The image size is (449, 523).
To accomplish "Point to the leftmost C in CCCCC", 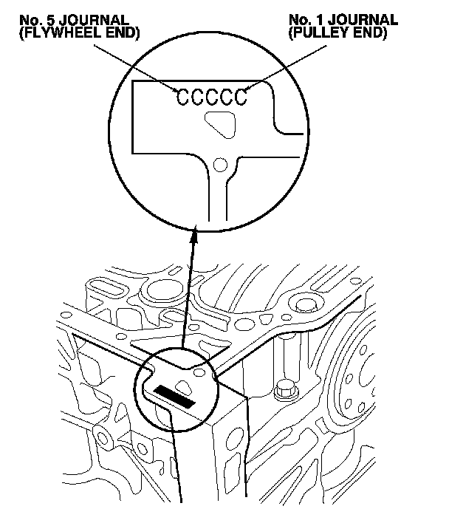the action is click(182, 97).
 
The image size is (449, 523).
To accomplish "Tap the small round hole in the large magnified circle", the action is click(219, 163).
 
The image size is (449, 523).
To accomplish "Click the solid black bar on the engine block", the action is click(176, 396).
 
